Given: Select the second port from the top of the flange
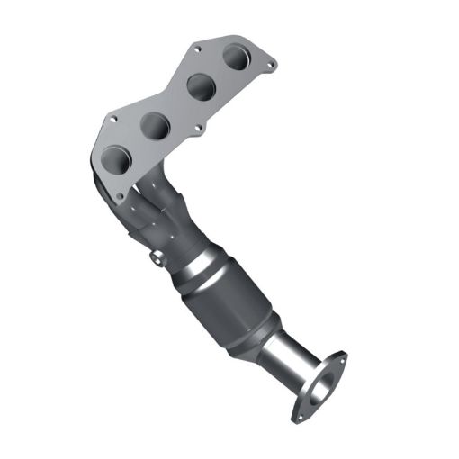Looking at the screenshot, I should pyautogui.click(x=200, y=88).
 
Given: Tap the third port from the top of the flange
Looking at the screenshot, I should pyautogui.click(x=156, y=125).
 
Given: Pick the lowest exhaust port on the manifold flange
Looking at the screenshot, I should pyautogui.click(x=118, y=160).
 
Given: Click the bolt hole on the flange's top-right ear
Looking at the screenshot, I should pyautogui.click(x=267, y=63).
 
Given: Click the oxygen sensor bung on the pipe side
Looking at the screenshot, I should pyautogui.click(x=157, y=260).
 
